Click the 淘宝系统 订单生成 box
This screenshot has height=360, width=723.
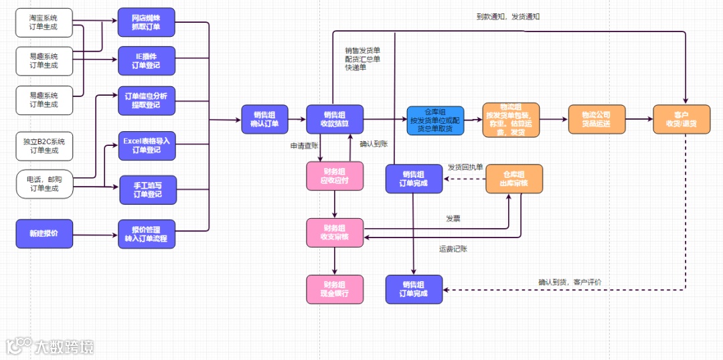coord(44,22)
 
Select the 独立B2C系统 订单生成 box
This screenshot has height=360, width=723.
coord(44,146)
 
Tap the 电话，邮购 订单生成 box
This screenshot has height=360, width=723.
coord(44,184)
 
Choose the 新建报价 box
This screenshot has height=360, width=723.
coord(44,234)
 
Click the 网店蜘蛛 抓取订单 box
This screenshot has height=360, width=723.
coord(147,22)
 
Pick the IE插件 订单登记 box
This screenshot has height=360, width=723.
coord(147,61)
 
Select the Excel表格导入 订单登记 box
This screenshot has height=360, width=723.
coord(147,146)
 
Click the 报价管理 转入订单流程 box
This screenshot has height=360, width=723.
coord(147,234)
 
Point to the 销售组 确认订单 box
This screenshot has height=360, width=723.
coord(264,119)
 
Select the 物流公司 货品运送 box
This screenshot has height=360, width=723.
coord(596,119)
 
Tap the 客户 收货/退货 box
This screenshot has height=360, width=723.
coord(681,119)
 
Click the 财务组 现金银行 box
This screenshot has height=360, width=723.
coord(335,289)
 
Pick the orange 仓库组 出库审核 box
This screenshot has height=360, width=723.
coord(514,178)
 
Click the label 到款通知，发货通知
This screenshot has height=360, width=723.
coord(508,17)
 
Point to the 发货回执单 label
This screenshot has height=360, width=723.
coord(465,167)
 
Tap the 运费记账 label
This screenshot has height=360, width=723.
coord(453,249)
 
